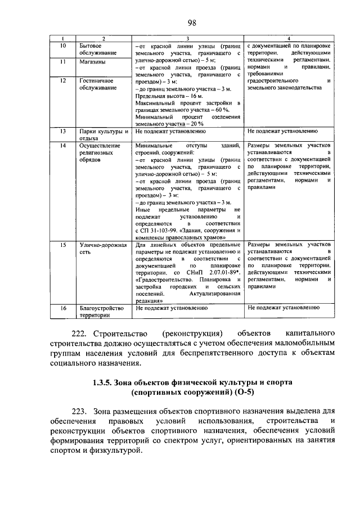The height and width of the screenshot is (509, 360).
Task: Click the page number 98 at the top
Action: (x=191, y=22)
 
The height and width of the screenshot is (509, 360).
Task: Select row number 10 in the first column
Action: (x=64, y=45)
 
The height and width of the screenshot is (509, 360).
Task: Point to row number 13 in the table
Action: (x=64, y=131)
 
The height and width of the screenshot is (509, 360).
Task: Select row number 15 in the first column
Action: (x=64, y=245)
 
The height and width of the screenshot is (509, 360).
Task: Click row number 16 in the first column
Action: (x=64, y=308)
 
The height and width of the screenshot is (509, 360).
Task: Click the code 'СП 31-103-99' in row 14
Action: (x=159, y=230)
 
